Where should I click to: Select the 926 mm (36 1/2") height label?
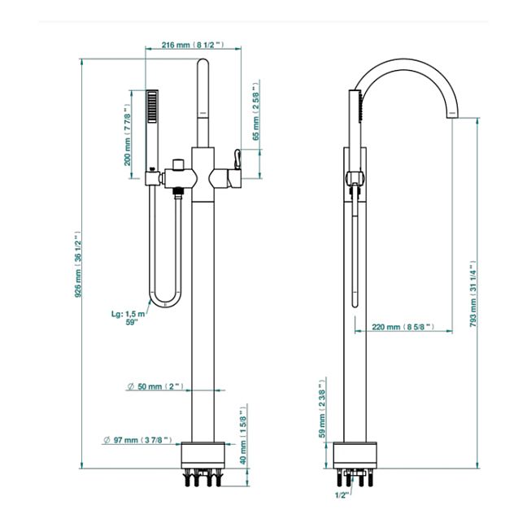point(80,265)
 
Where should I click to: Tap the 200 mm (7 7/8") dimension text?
point(128,133)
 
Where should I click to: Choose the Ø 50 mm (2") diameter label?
point(157,385)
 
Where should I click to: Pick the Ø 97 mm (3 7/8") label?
point(137,439)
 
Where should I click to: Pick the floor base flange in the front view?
point(203,454)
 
